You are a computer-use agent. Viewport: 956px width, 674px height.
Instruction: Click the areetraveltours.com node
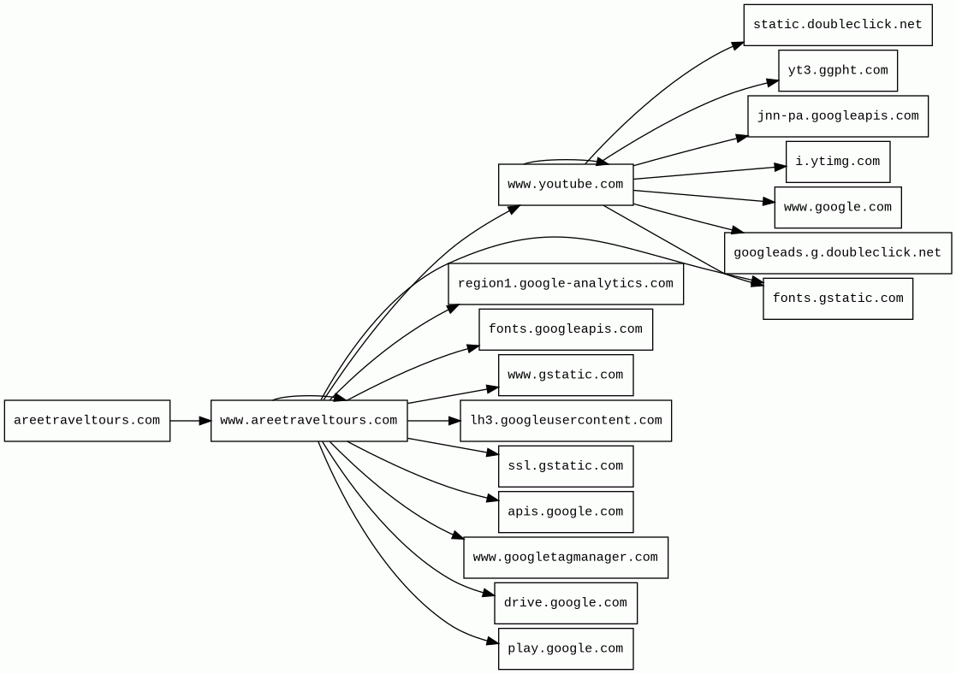[x=86, y=421]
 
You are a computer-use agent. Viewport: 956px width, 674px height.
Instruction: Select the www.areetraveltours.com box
[x=308, y=421]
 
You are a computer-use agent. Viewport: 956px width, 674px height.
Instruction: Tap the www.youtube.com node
[x=566, y=185]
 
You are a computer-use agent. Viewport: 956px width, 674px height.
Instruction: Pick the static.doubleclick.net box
[x=837, y=25]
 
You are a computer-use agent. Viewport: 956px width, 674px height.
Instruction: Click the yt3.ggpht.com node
[x=837, y=71]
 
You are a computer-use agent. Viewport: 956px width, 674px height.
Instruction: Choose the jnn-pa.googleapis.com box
[x=837, y=116]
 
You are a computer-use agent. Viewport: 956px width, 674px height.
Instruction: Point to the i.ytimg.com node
[x=837, y=162]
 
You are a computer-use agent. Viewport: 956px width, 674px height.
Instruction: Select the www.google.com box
[x=837, y=208]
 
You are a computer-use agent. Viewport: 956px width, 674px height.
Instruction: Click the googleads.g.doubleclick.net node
[x=837, y=253]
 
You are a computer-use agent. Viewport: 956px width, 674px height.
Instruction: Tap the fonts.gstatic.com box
[x=837, y=299]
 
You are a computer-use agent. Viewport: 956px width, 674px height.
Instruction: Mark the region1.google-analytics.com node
[x=565, y=284]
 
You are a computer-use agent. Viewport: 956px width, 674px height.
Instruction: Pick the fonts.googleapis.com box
[x=565, y=329]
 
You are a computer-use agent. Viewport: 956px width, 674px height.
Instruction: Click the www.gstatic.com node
[x=565, y=375]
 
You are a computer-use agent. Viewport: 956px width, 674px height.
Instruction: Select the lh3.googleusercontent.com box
[x=565, y=421]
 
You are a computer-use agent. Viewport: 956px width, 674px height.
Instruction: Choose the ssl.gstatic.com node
[x=565, y=466]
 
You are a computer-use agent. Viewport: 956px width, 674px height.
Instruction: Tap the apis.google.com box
[x=565, y=512]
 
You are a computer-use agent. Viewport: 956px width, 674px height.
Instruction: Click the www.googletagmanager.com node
[x=565, y=558]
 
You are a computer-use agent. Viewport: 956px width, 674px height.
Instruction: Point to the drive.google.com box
[x=565, y=603]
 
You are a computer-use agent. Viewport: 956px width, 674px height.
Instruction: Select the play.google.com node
[x=565, y=649]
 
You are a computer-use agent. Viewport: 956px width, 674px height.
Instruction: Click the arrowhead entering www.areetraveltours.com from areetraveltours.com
[x=205, y=421]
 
